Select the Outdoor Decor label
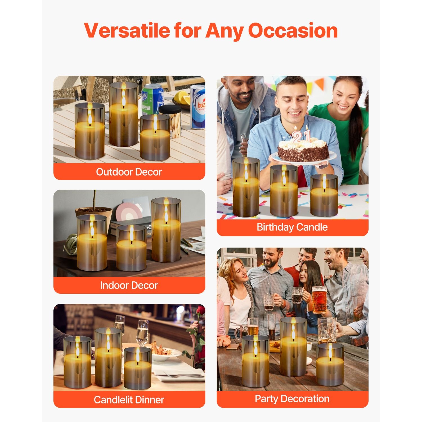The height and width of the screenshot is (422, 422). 129,172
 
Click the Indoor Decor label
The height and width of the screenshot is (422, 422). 129,285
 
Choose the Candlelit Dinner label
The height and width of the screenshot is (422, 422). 129,399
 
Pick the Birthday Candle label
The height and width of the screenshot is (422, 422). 292,227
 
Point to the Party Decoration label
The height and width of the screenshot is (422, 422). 292,399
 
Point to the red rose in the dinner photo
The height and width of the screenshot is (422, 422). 200,311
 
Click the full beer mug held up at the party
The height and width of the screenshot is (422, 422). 319,300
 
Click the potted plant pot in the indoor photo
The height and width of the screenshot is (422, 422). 95,215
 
